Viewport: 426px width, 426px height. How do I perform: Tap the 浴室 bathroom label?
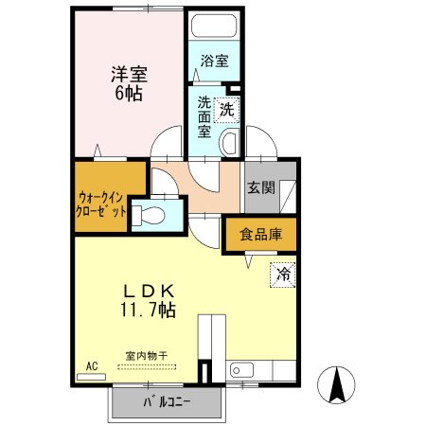(x=215, y=62)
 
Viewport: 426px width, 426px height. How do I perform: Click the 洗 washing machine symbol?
(x=226, y=109)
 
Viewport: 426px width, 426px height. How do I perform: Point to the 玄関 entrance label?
(x=261, y=187)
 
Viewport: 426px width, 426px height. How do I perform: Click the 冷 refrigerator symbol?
(x=283, y=275)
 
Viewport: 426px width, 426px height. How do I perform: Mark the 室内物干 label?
(x=148, y=356)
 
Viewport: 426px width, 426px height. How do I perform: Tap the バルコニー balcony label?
(x=168, y=402)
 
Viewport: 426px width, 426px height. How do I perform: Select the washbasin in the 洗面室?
(x=229, y=143)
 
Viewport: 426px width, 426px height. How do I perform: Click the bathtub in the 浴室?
(x=214, y=28)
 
